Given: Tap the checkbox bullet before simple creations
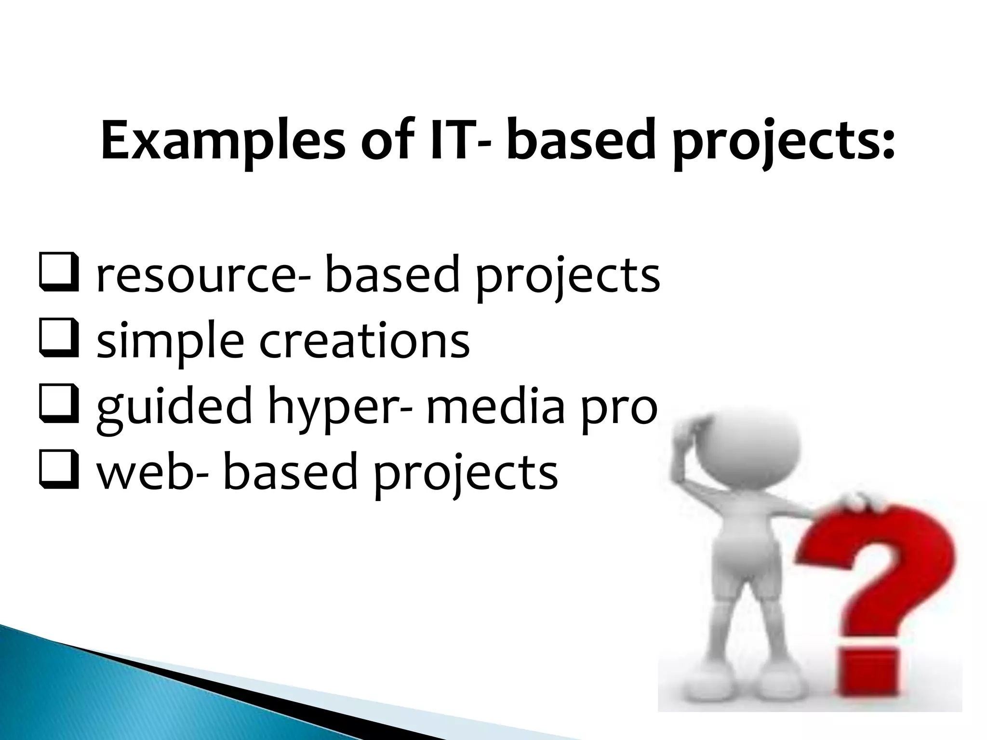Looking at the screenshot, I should click(58, 343).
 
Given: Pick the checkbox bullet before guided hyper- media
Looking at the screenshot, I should click(58, 408).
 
